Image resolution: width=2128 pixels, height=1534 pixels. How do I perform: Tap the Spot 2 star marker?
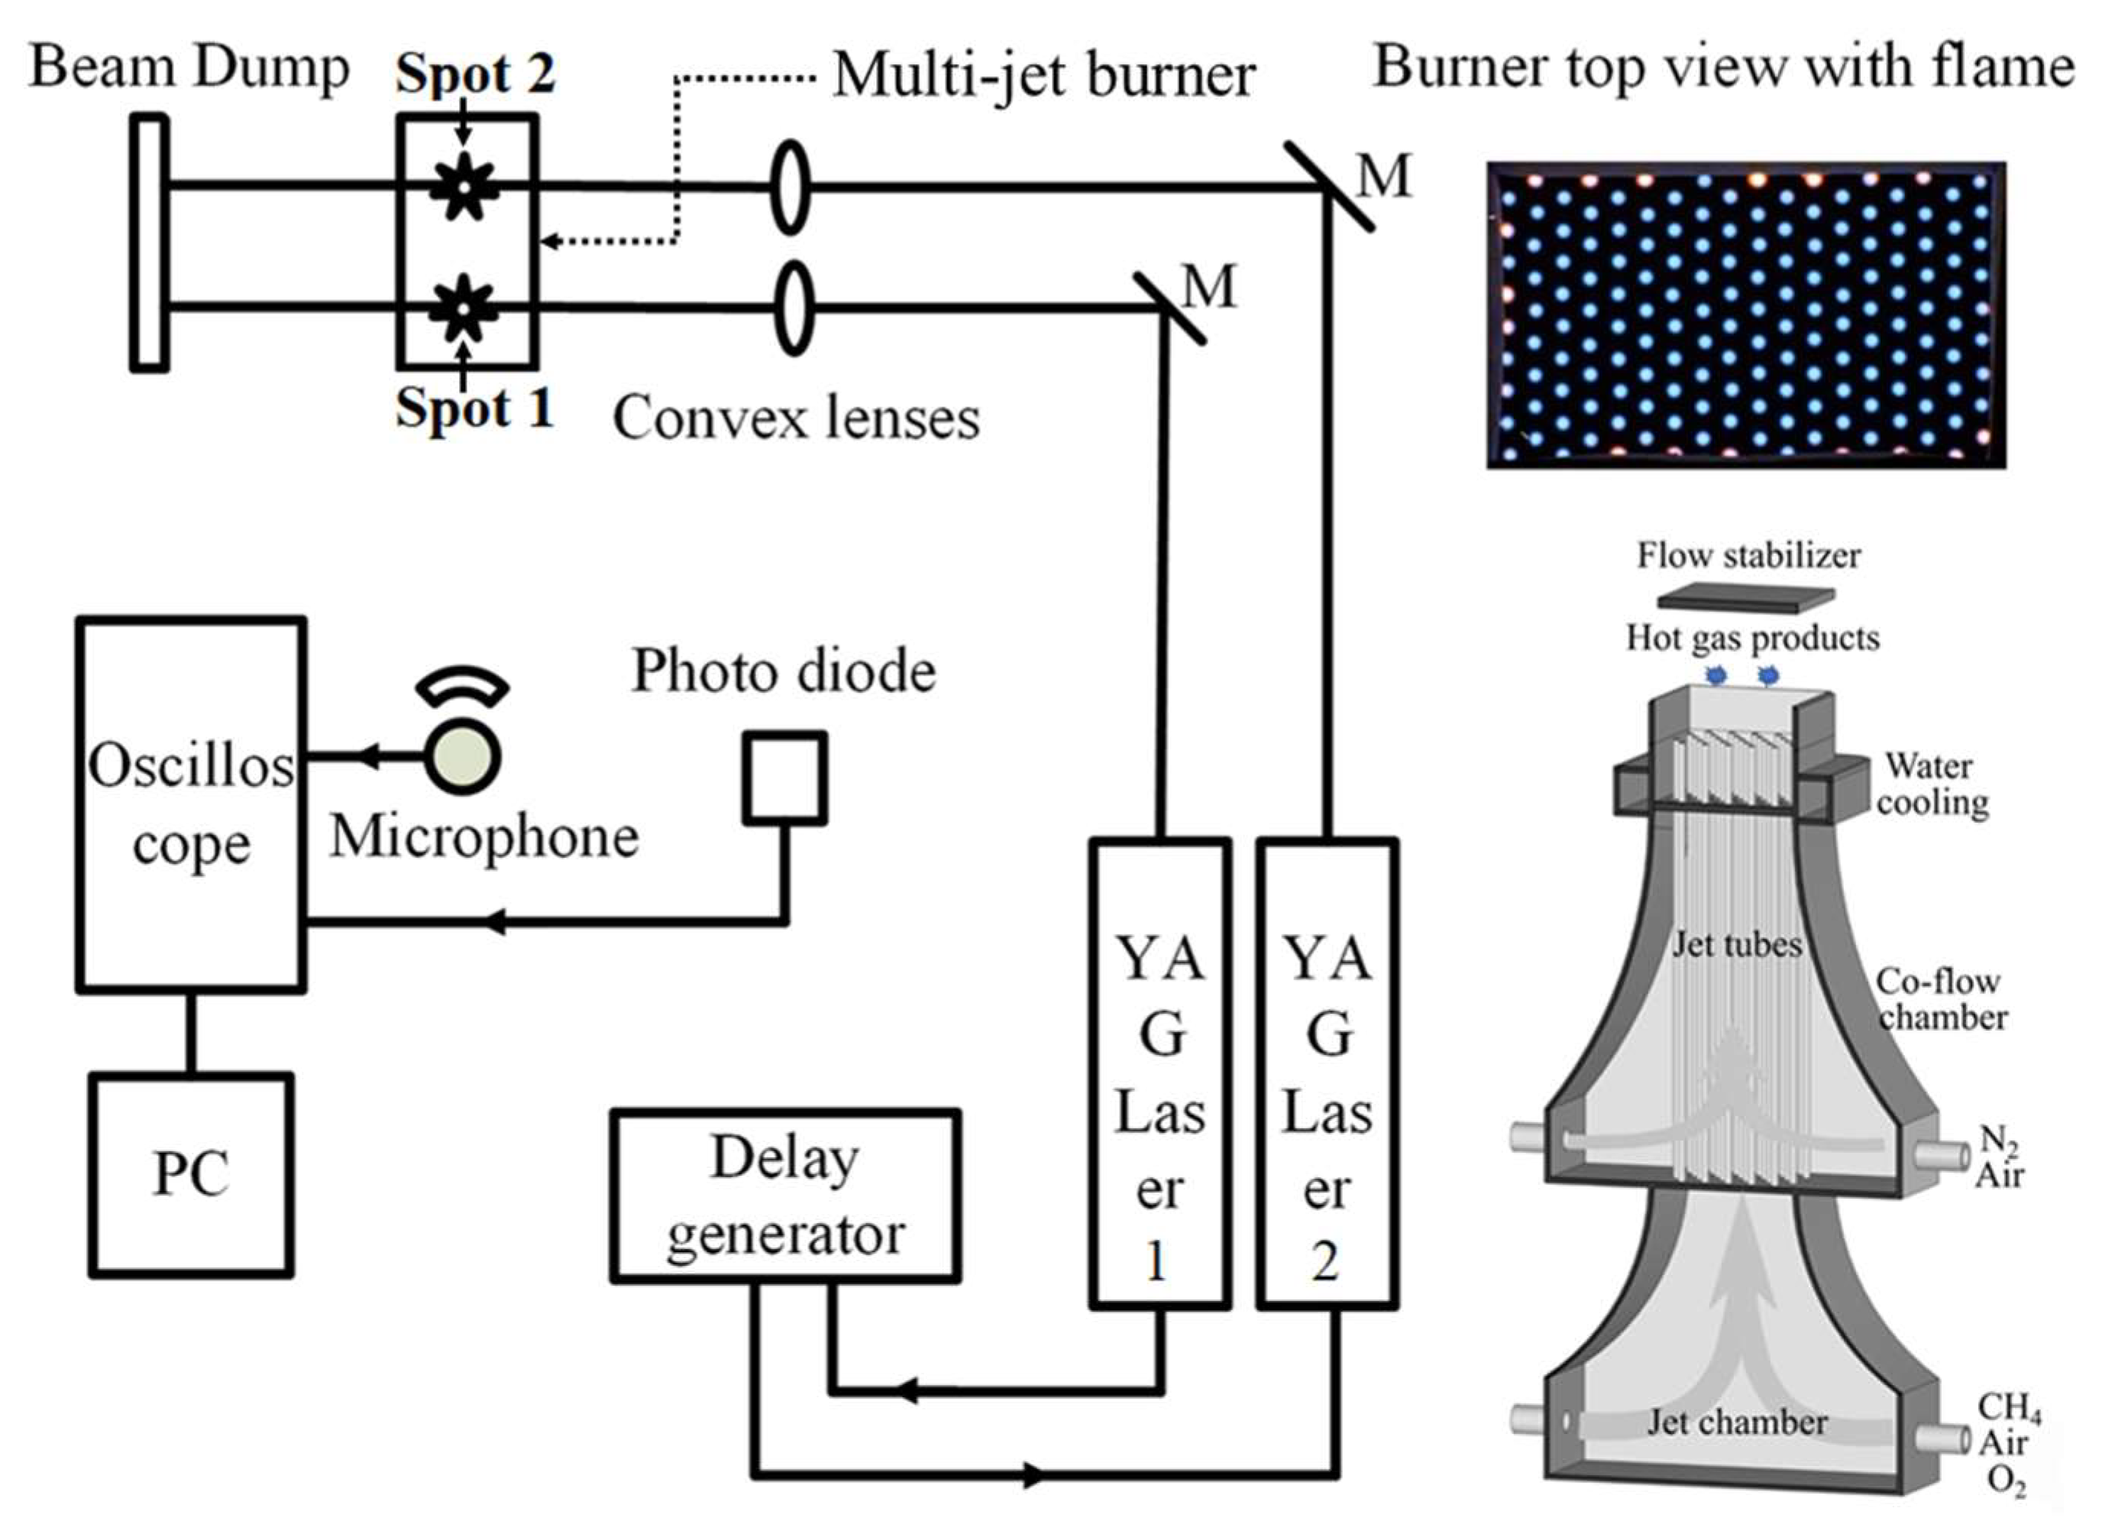tap(464, 186)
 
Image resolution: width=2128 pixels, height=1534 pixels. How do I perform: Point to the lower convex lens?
tap(794, 308)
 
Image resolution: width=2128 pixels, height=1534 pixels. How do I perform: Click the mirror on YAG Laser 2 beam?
tap(1328, 186)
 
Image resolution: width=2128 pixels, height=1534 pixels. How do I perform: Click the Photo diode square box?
tap(785, 778)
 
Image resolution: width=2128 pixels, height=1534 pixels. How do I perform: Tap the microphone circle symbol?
tap(463, 758)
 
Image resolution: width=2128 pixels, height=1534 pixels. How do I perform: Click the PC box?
tap(192, 1175)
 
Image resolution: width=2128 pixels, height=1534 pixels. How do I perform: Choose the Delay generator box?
tap(785, 1196)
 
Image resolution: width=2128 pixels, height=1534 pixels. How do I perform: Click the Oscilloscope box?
tap(192, 804)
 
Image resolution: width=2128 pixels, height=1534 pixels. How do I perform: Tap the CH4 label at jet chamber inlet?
tap(2009, 1406)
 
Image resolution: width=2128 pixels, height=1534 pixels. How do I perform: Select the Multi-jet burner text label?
tap(1043, 75)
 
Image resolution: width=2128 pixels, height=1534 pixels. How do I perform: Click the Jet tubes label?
tap(1737, 944)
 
